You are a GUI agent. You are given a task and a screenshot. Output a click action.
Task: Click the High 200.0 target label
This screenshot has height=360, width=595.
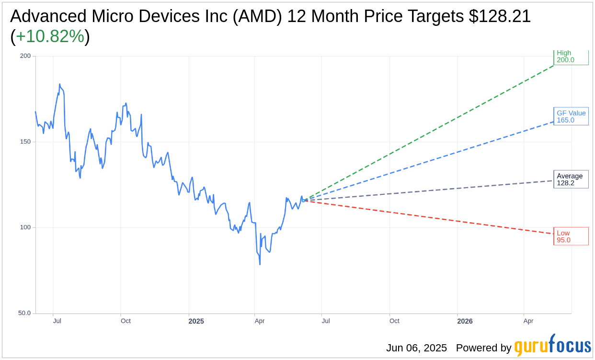click(571, 57)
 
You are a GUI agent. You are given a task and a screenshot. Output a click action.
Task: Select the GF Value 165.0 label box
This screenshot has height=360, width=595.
click(571, 116)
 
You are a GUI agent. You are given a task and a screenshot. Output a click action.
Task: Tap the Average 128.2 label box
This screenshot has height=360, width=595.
click(571, 180)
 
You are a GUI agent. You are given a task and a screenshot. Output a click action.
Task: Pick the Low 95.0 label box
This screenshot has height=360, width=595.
click(571, 236)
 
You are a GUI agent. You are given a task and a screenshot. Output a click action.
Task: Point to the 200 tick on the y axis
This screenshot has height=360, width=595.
click(25, 56)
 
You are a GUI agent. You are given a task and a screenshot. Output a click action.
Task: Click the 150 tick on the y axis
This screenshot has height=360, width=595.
click(25, 142)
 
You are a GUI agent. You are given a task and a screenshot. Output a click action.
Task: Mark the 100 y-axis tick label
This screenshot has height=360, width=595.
click(25, 227)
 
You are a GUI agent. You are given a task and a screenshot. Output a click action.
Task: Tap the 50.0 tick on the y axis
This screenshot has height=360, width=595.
click(24, 313)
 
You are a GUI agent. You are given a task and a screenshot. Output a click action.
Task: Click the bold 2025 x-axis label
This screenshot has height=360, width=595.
click(196, 321)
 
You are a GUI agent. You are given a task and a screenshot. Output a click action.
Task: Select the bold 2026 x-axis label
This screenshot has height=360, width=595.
click(465, 321)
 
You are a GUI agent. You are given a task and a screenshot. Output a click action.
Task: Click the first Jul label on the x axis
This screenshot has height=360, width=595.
click(57, 321)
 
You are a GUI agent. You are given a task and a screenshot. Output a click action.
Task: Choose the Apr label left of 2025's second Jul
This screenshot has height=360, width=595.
click(260, 321)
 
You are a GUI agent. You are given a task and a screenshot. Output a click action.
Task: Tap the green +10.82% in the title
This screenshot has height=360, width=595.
click(50, 36)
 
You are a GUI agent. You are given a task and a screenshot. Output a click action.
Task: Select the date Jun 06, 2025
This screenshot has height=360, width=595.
click(416, 348)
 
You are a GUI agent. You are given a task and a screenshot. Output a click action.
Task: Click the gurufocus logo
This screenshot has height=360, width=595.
click(552, 346)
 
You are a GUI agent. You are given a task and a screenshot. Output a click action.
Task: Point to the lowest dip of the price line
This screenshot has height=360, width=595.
click(260, 264)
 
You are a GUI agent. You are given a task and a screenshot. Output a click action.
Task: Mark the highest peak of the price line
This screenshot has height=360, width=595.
click(59, 84)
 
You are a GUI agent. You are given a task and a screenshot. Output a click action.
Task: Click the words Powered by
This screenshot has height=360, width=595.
click(483, 348)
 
